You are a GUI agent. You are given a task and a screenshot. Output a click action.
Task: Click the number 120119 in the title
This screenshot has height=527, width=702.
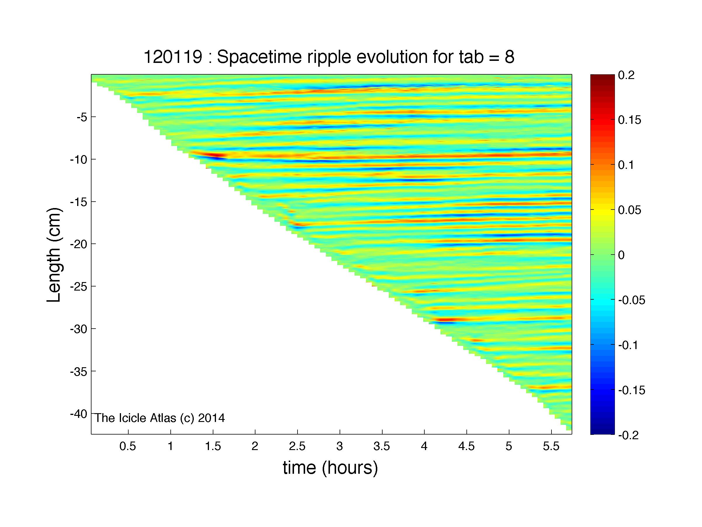(173, 57)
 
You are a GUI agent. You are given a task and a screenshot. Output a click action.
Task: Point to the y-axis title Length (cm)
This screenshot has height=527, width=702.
(54, 255)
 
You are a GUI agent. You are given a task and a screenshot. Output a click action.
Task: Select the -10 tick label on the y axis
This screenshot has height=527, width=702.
(79, 159)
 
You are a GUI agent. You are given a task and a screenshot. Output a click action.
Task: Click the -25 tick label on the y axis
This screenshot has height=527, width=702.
(79, 286)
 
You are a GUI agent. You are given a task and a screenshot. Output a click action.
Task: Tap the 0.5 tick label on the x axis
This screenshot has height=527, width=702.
(128, 447)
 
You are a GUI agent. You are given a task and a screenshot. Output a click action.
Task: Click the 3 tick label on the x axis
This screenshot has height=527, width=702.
(340, 447)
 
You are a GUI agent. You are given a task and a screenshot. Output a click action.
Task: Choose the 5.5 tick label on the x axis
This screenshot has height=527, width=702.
(551, 447)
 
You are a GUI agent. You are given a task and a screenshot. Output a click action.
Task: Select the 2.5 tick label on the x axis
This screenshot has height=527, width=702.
(297, 447)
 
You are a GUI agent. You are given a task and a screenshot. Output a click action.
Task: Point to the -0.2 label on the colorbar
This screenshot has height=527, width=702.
(629, 435)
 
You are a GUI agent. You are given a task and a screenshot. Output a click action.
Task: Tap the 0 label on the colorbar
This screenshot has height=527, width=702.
(622, 255)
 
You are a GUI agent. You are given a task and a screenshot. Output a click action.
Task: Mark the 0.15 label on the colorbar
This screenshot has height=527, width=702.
(630, 120)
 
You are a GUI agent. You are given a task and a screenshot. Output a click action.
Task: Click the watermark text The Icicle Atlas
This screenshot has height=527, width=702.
(136, 418)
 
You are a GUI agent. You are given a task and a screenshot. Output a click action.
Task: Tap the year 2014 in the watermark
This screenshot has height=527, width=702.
(211, 418)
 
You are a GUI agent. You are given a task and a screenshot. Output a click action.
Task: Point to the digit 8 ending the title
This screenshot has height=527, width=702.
(509, 57)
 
